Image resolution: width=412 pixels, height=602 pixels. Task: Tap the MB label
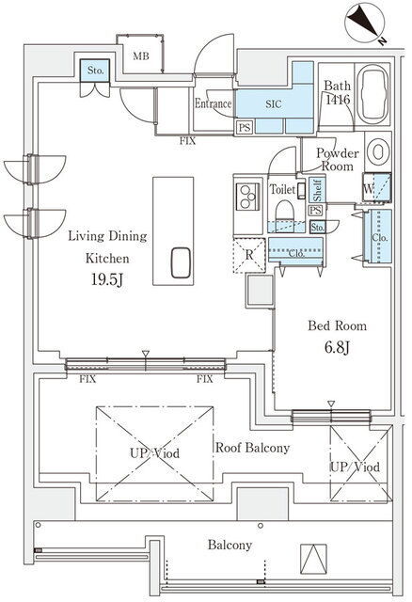coord(141,56)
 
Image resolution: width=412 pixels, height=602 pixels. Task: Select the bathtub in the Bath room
coord(372,94)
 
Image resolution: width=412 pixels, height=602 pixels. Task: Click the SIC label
coord(274,104)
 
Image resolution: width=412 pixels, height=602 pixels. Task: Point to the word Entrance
coord(214,103)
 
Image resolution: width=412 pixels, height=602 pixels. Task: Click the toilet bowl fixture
coord(284,211)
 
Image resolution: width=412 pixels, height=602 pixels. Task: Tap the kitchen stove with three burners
coord(247,197)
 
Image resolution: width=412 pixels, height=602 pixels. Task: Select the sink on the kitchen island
coord(181,262)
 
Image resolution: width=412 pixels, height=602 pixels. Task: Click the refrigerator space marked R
coord(249,255)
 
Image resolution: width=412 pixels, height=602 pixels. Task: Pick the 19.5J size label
coord(107,280)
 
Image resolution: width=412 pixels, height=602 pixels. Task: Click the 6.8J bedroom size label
coord(337,348)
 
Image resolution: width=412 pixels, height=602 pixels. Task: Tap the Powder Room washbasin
coord(377,152)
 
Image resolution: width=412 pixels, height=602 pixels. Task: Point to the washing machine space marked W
coord(376,188)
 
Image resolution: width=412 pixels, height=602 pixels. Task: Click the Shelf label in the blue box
coord(318,190)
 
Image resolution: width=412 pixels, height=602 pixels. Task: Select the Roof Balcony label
coord(252,448)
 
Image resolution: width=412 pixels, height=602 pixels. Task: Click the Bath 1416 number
coord(338,100)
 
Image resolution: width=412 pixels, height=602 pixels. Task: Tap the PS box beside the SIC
coord(245,128)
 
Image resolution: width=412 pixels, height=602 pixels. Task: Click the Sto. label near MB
coord(95,71)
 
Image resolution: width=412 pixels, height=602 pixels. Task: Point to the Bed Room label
coord(337,326)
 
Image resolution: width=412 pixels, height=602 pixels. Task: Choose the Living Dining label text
coord(107,236)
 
